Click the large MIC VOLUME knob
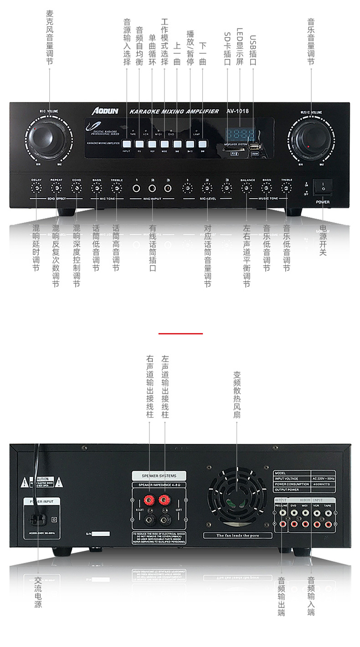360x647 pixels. click(x=44, y=135)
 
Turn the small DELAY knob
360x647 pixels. click(x=36, y=187)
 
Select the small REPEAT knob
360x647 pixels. click(x=57, y=187)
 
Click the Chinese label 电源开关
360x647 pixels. click(x=323, y=240)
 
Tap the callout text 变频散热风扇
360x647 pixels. click(x=237, y=394)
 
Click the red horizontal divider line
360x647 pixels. click(x=180, y=333)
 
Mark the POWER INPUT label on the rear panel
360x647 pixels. click(x=42, y=501)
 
